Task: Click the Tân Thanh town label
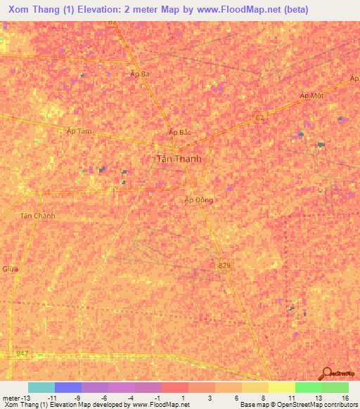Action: pos(177,159)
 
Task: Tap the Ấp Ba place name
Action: pos(140,73)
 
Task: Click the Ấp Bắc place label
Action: pos(180,132)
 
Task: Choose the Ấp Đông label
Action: pos(198,200)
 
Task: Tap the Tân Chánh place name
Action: pos(38,216)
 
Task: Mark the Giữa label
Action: pos(10,269)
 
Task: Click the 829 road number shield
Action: pos(222,262)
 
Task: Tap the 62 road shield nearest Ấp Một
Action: pos(260,117)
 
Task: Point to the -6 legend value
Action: pos(104,398)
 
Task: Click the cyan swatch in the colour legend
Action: pos(41,387)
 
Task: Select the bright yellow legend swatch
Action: pos(281,387)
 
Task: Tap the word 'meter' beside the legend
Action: pos(10,398)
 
